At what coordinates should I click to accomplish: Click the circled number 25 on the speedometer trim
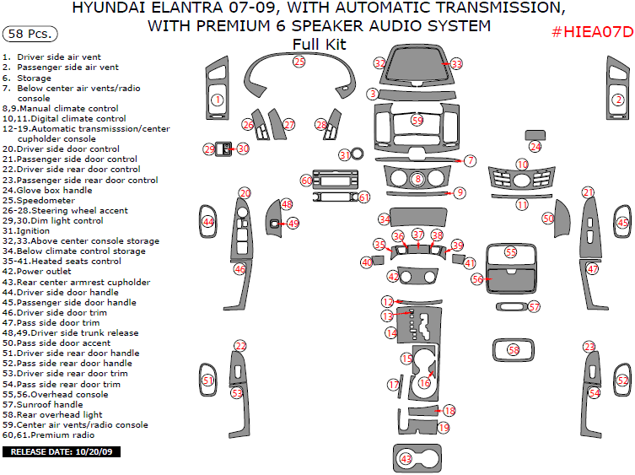pyautogui.click(x=299, y=62)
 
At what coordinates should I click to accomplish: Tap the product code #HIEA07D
pyautogui.click(x=590, y=32)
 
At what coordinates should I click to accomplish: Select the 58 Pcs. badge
pyautogui.click(x=31, y=35)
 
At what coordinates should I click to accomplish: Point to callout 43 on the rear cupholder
pyautogui.click(x=406, y=458)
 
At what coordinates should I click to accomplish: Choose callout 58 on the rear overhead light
pyautogui.click(x=513, y=349)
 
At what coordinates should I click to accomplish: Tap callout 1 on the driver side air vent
pyautogui.click(x=217, y=100)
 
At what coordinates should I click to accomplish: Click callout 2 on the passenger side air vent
pyautogui.click(x=617, y=100)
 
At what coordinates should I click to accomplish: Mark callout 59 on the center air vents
pyautogui.click(x=417, y=121)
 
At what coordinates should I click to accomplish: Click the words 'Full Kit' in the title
pyautogui.click(x=318, y=44)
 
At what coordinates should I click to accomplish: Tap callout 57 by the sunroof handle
pyautogui.click(x=534, y=307)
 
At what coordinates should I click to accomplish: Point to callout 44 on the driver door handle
pyautogui.click(x=208, y=222)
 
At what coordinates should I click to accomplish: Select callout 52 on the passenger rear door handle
pyautogui.click(x=622, y=381)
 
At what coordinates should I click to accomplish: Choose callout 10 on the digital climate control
pyautogui.click(x=522, y=165)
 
